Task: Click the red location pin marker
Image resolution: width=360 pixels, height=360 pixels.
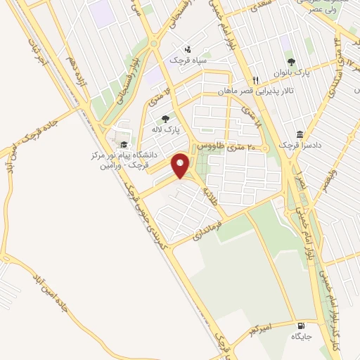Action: click(x=181, y=166)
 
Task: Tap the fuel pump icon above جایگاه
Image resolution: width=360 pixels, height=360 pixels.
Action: click(x=302, y=326)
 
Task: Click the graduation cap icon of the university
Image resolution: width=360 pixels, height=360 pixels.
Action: click(x=124, y=145)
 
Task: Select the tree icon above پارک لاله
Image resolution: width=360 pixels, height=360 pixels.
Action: click(x=165, y=120)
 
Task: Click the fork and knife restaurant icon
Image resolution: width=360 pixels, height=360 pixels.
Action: click(x=256, y=79)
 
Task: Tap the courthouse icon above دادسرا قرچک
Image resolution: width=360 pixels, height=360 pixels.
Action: click(x=300, y=134)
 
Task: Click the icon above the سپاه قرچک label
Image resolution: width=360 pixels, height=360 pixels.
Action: click(x=187, y=49)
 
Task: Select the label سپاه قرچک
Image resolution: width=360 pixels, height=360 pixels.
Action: click(x=187, y=61)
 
